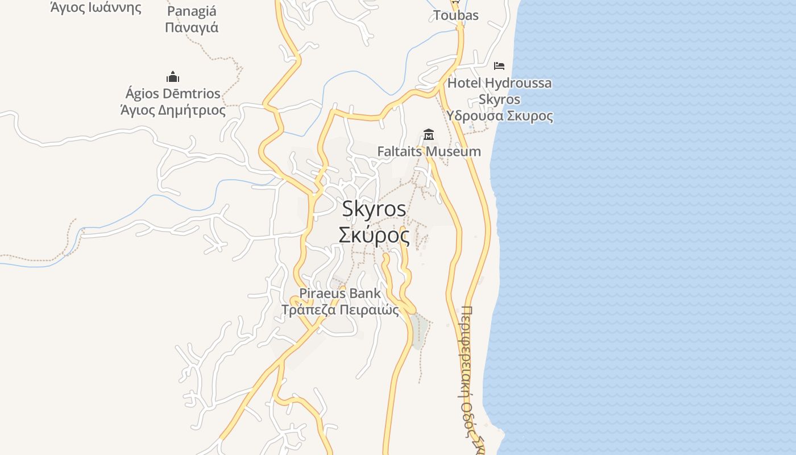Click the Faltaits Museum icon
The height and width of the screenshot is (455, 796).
(429, 135)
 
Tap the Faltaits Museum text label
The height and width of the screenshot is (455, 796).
(429, 152)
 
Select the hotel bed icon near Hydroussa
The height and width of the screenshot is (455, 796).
(499, 66)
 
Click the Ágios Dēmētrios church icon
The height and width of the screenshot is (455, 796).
(173, 77)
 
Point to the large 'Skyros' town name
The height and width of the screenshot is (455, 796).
(374, 209)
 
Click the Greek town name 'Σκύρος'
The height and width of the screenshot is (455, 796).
(374, 234)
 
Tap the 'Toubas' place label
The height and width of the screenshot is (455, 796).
(456, 15)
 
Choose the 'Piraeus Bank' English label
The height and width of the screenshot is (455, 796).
(340, 294)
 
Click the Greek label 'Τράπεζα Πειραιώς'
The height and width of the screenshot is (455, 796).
(340, 310)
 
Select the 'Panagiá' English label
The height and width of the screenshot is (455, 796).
(192, 11)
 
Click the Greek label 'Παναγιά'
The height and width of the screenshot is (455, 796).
(192, 27)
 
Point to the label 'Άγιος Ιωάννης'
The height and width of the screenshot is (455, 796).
(96, 7)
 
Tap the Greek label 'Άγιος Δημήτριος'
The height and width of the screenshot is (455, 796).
(173, 110)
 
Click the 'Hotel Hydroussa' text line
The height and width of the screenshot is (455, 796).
(499, 83)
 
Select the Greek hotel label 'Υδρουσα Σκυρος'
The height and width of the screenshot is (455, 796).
(499, 116)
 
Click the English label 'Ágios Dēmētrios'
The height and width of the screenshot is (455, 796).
(173, 93)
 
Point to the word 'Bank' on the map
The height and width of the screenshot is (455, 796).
(364, 294)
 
